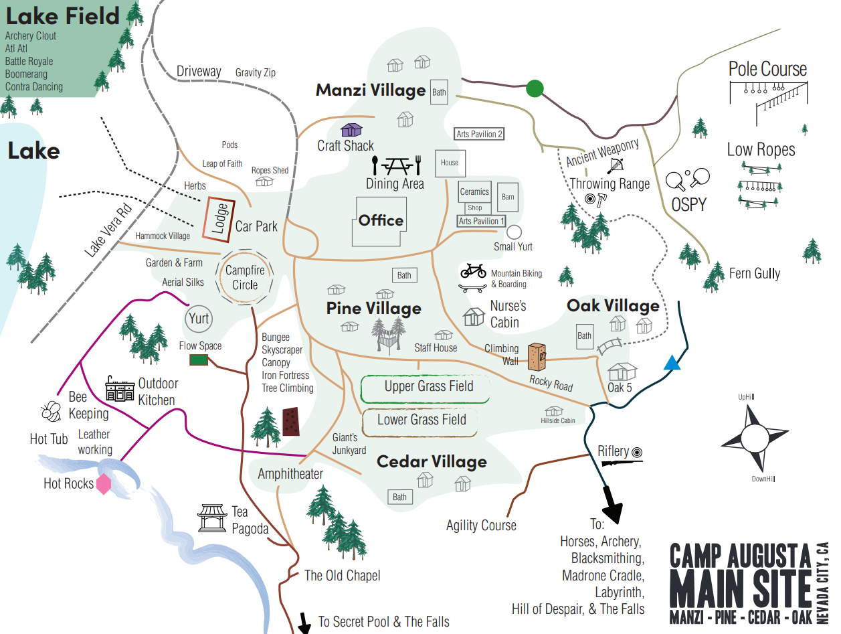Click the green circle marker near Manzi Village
tap(535, 88)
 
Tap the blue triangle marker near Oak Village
tap(672, 364)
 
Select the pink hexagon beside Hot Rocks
tap(104, 483)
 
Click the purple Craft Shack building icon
tap(351, 129)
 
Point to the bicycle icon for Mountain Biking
tap(473, 270)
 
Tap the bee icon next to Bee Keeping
tap(51, 411)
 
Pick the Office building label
tap(381, 220)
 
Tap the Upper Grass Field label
tap(428, 387)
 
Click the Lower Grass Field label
tap(421, 420)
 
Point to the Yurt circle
tap(199, 318)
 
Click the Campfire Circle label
tap(245, 278)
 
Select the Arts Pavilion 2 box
tap(479, 134)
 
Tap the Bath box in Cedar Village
tap(399, 497)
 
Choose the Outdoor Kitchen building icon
tap(120, 388)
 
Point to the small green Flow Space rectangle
tap(199, 360)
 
